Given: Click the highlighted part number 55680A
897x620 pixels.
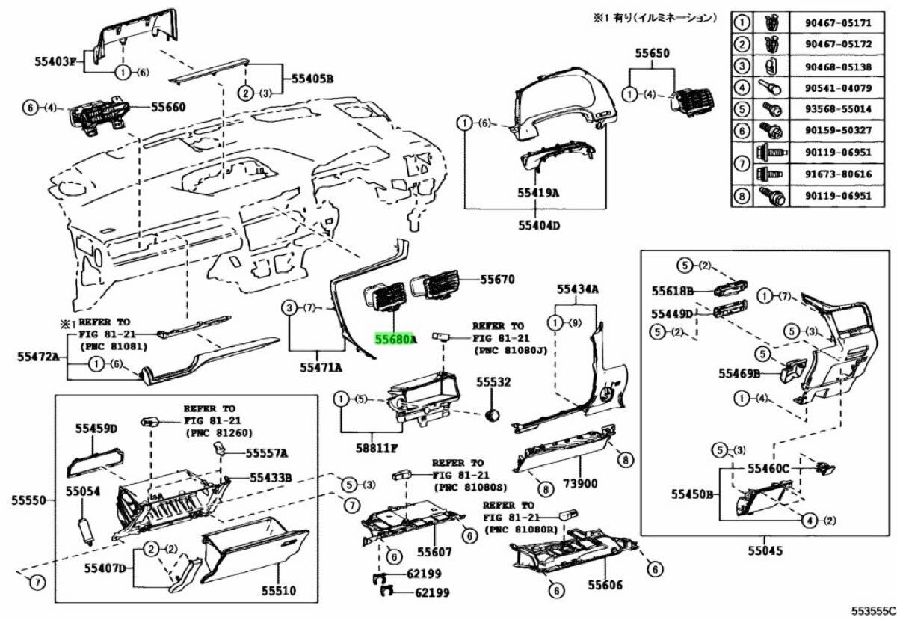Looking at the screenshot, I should coord(395,340).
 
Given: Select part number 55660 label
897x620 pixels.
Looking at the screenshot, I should coord(168,108).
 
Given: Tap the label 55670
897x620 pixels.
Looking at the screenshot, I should coord(497,280).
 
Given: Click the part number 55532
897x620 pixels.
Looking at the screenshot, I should coord(494,382).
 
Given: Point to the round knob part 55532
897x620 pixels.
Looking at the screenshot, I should coord(493,414).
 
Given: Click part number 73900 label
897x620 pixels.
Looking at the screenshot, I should coord(580,484).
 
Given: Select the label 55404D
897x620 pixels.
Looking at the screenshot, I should coord(540,224).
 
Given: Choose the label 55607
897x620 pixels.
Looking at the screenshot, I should coord(434,553).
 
